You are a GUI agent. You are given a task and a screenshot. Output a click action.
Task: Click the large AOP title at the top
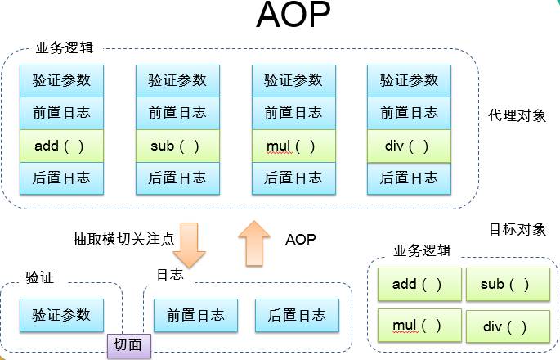293,15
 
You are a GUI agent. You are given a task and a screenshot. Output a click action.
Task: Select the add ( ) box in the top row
61,146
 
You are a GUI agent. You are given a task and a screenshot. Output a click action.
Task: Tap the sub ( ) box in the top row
177,146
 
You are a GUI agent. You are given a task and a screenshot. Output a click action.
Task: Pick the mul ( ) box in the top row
293,146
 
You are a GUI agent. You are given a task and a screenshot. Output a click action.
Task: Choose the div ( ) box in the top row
409,146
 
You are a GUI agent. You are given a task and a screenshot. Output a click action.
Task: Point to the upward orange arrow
254,243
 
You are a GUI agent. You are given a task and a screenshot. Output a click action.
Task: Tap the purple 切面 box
129,346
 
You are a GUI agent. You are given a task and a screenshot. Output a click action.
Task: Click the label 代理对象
517,115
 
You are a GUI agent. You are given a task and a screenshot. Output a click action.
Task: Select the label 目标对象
517,229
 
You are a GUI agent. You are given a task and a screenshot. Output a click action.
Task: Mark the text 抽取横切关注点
123,239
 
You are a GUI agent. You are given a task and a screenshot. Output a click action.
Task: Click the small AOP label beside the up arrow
300,240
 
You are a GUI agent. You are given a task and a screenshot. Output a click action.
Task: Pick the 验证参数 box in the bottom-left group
61,315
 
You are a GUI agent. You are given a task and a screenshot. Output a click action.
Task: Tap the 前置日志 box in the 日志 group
195,315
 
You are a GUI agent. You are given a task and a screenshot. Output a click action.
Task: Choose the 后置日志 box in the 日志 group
297,315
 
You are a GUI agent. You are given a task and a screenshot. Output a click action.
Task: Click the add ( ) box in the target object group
419,285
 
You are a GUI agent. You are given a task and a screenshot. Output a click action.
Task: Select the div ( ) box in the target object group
508,326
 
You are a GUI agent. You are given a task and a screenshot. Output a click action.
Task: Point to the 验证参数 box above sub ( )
177,81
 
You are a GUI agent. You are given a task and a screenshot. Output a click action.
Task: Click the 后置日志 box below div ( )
409,178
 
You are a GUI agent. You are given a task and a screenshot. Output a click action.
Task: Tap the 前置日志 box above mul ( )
293,114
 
